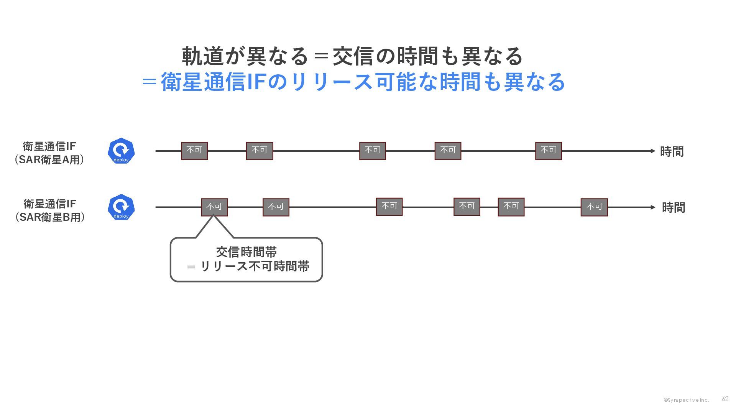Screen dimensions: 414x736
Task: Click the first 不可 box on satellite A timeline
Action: click(194, 151)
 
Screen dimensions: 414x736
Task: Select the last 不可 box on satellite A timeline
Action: click(548, 151)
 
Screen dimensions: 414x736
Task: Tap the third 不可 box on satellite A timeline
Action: click(372, 151)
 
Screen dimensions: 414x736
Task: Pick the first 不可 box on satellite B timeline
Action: click(214, 207)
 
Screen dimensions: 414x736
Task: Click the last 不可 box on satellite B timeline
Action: click(594, 207)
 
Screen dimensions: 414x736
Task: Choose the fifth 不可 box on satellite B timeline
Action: click(511, 207)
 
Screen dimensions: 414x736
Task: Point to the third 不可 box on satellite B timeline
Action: click(389, 207)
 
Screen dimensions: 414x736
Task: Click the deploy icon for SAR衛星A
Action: click(121, 151)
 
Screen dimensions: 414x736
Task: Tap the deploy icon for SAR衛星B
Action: click(121, 207)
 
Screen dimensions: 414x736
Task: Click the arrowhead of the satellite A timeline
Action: click(653, 151)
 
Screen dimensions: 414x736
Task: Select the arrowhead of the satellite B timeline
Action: click(653, 207)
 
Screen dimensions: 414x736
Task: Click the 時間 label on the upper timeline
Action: click(672, 152)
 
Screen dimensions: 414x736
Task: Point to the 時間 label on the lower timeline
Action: click(673, 208)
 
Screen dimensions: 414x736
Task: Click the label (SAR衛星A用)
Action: click(49, 160)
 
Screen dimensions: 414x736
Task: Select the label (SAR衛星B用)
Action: click(50, 217)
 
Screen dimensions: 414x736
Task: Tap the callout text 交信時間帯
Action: click(246, 252)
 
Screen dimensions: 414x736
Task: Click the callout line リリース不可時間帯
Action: click(255, 266)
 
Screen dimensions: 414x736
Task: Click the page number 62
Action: click(725, 399)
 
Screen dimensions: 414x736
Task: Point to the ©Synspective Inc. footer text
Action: click(686, 400)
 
